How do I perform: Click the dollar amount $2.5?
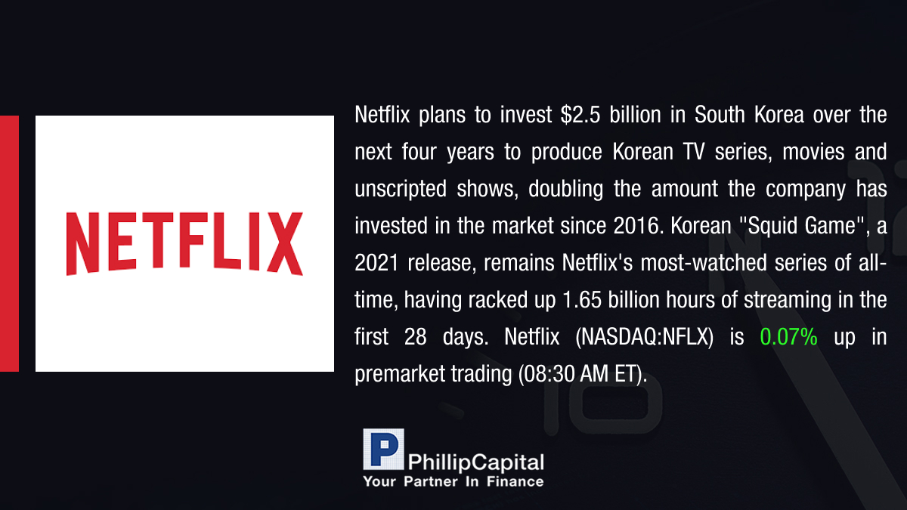tap(580, 115)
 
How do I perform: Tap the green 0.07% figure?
tap(788, 337)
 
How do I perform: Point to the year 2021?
tap(376, 263)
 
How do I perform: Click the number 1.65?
tap(582, 300)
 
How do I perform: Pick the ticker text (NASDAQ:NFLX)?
tap(644, 337)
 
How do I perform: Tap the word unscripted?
tap(401, 190)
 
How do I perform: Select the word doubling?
tap(565, 190)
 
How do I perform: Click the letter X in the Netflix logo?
tap(285, 243)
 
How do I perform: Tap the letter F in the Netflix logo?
tap(191, 240)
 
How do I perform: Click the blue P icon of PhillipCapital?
tap(383, 449)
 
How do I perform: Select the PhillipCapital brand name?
tap(475, 462)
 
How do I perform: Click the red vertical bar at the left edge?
tap(9, 243)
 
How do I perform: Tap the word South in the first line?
tap(720, 115)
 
